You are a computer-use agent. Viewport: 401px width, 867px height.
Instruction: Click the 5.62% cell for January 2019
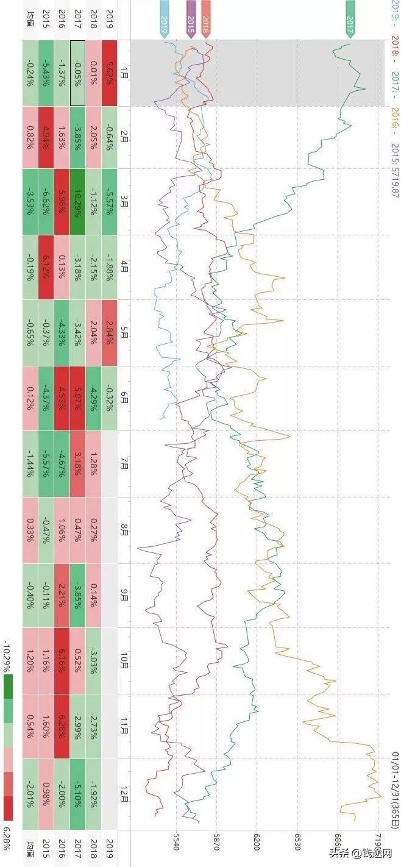[x=109, y=73]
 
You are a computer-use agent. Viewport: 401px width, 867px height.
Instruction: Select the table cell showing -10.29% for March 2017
[x=77, y=202]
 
